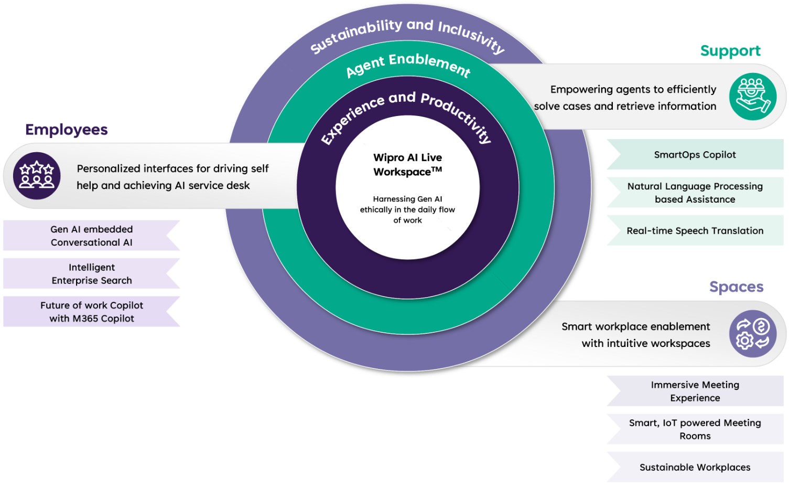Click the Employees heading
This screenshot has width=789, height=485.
point(67,130)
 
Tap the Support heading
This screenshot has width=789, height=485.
point(730,51)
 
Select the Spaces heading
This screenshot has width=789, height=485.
point(736,287)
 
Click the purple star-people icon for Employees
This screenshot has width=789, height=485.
point(37,176)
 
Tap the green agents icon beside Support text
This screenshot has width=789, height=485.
point(752,97)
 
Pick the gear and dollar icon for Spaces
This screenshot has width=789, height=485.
point(752,334)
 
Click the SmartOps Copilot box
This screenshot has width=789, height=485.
point(695,155)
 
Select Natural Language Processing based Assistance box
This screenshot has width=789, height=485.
point(695,193)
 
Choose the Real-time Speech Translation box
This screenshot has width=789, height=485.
point(695,231)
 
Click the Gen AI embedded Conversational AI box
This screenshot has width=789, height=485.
point(92,236)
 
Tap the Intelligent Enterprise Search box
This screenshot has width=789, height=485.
point(92,274)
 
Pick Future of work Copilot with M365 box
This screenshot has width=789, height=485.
point(92,312)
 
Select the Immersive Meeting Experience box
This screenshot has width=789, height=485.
point(695,392)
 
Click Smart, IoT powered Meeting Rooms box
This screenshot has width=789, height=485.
point(695,429)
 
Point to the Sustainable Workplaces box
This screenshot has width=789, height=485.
point(695,467)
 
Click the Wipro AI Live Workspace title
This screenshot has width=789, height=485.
point(407,165)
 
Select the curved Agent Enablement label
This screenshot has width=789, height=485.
point(408,65)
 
